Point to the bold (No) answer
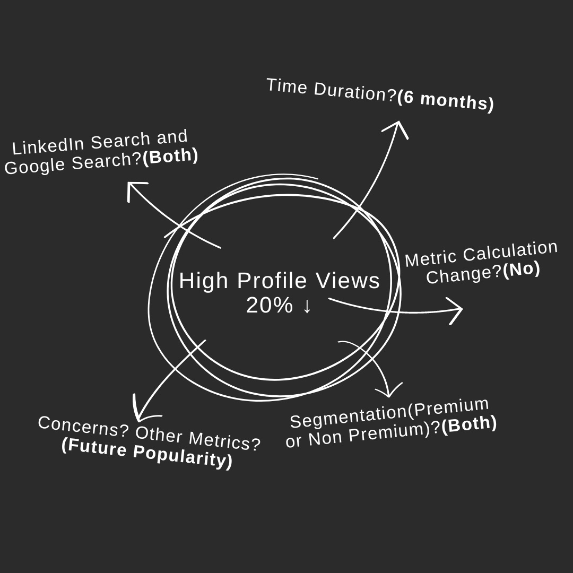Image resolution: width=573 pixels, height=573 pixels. tap(521, 270)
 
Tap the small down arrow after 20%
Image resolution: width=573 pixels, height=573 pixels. tap(307, 307)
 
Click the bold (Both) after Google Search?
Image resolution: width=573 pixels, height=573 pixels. tap(170, 157)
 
